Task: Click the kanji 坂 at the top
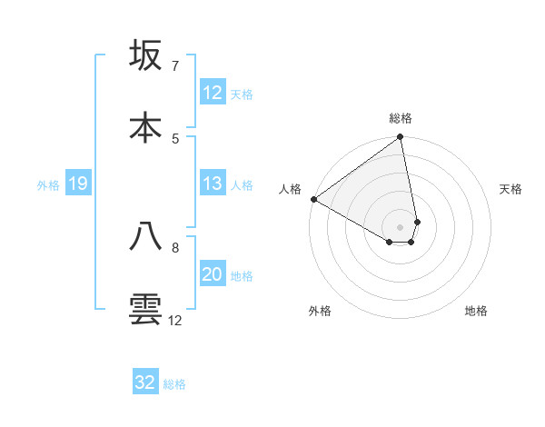point(146,56)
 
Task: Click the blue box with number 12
point(213,93)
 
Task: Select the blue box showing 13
point(213,184)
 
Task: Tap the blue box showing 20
point(213,275)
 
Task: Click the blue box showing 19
point(78,184)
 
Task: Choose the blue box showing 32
point(145,382)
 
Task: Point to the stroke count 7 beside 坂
point(174,66)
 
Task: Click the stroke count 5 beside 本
point(174,138)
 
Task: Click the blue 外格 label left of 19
point(48,185)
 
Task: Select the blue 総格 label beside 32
point(174,384)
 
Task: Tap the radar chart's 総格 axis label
point(401,118)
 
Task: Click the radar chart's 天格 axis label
point(511,189)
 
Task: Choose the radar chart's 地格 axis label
point(476,311)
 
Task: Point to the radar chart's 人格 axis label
point(290,189)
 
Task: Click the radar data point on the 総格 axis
point(400,138)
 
